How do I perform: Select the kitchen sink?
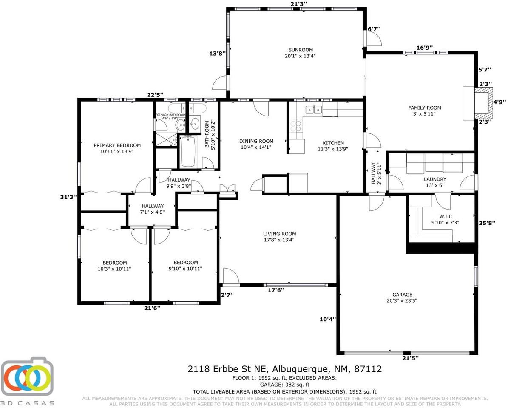[314, 110]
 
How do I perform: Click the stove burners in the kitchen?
[295, 126]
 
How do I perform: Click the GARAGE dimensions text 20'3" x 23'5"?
[403, 301]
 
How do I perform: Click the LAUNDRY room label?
[435, 179]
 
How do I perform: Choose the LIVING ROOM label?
[279, 234]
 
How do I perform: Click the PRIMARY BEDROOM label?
[117, 145]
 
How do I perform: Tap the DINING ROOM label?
[256, 141]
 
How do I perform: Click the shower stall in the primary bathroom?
[165, 139]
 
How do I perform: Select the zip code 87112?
[367, 369]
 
